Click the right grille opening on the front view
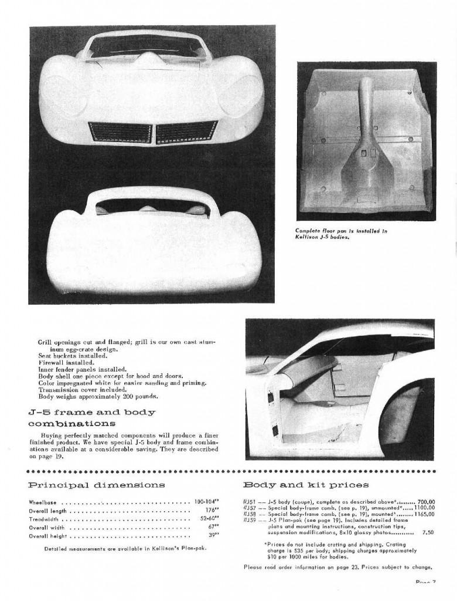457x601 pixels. point(185,132)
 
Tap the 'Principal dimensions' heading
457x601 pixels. point(97,485)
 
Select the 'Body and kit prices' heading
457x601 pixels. point(306,485)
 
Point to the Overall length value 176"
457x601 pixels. point(211,511)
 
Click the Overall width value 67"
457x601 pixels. point(213,527)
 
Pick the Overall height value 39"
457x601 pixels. point(213,535)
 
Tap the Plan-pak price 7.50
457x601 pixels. point(428,532)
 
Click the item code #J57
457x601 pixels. point(248,508)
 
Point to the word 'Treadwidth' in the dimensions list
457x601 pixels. point(45,519)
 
